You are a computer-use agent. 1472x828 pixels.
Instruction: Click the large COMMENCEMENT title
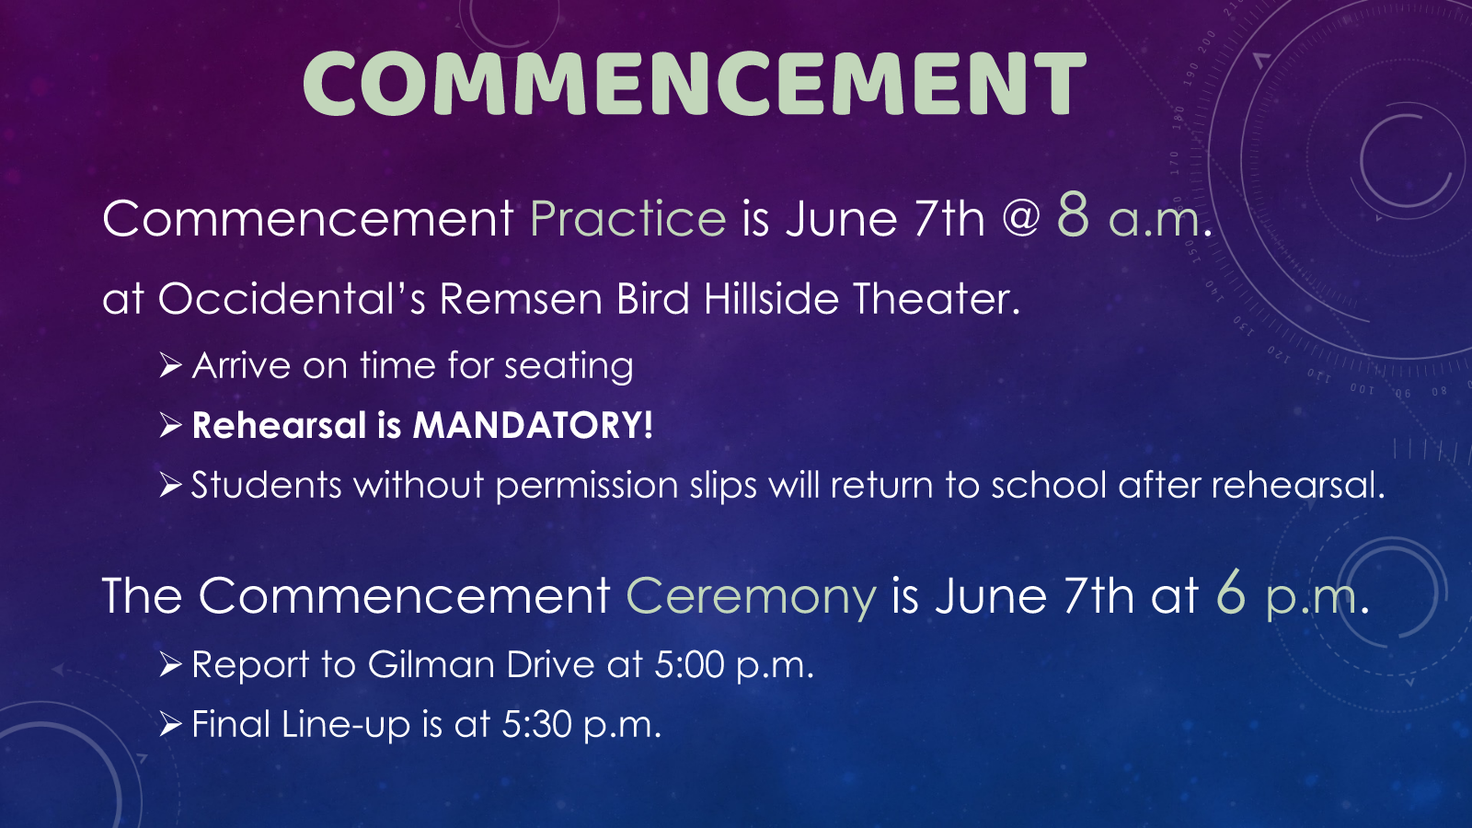[694, 84]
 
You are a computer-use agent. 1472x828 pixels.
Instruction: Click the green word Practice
[628, 218]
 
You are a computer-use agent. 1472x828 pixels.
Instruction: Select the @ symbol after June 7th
[1021, 220]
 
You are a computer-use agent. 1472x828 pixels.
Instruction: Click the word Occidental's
[292, 298]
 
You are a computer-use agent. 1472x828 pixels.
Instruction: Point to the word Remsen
[521, 299]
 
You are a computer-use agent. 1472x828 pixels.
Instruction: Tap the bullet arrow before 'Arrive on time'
[170, 365]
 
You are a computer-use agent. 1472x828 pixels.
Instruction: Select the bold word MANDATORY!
[533, 425]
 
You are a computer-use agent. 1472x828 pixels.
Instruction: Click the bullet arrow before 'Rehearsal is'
[170, 426]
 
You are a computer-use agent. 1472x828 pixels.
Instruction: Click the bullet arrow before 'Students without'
[170, 486]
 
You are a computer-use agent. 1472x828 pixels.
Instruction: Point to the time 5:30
[536, 725]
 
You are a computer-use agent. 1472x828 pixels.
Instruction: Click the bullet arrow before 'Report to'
[170, 665]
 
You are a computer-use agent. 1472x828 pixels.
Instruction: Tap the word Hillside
[771, 298]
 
